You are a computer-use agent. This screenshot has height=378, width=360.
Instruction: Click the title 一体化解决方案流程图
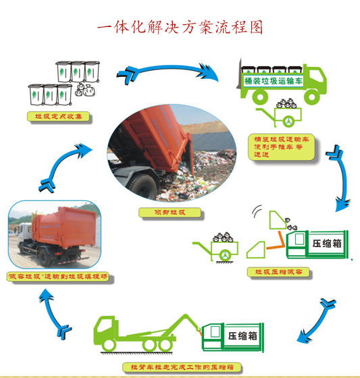(x=180, y=28)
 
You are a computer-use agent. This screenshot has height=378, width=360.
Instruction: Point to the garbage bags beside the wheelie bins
(x=86, y=91)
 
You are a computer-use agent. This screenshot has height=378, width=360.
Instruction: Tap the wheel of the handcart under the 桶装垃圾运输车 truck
(x=288, y=122)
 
